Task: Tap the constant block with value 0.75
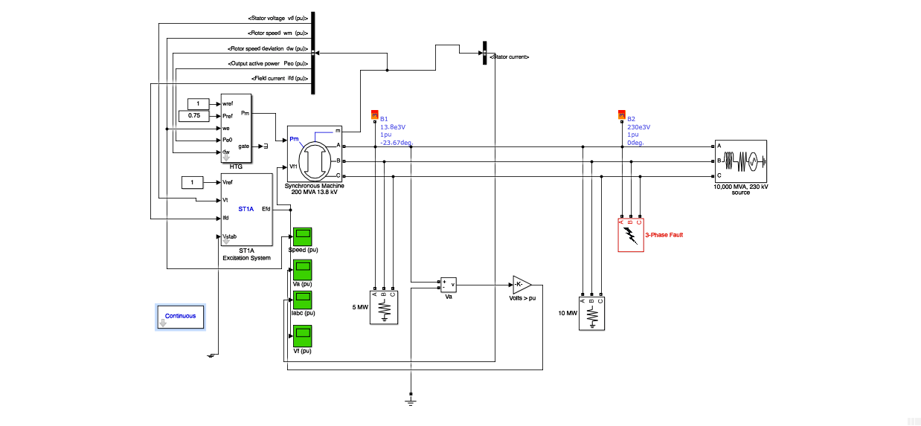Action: (x=195, y=116)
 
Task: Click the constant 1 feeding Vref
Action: (x=192, y=182)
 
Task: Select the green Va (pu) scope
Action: (x=303, y=268)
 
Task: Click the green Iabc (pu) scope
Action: (x=303, y=300)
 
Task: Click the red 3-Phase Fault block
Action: (x=630, y=235)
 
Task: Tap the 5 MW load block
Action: (x=384, y=307)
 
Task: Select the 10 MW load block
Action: (x=592, y=314)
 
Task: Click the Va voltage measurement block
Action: (x=448, y=285)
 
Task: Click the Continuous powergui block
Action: (x=180, y=317)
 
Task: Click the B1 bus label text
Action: (x=384, y=119)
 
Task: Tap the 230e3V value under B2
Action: (x=638, y=127)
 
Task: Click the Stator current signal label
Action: (x=510, y=57)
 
